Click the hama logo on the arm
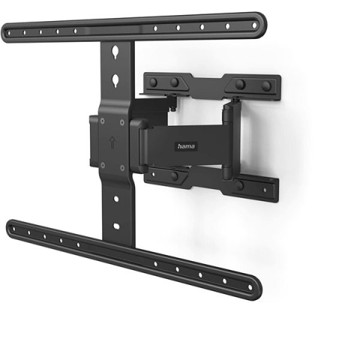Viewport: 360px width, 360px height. pos(186,146)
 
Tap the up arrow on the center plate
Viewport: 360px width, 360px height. pos(112,142)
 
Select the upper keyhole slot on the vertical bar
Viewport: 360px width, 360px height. pos(115,52)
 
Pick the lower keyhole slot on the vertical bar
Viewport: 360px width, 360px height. pos(115,80)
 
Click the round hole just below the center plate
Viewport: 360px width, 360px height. pos(116,199)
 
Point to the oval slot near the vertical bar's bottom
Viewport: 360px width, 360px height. pos(116,226)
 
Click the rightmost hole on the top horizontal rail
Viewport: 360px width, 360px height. pos(254,25)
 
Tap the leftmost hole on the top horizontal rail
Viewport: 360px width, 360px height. pos(9,33)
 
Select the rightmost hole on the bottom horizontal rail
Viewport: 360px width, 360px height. pos(250,287)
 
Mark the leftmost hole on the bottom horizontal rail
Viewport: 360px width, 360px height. pos(13,229)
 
